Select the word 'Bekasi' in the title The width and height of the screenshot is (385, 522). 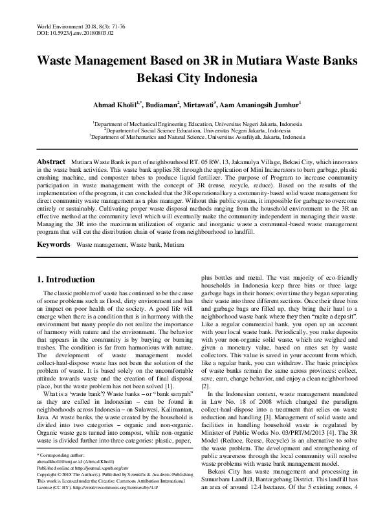(x=155, y=79)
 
